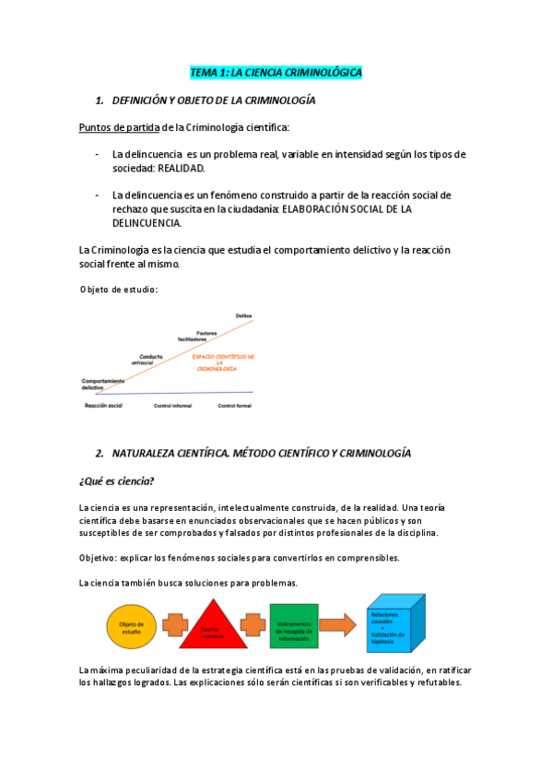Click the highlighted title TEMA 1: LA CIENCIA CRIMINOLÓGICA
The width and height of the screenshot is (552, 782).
coord(276,72)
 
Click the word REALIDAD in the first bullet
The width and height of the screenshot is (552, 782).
coord(182,169)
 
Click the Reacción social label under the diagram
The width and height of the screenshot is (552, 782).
coord(102,406)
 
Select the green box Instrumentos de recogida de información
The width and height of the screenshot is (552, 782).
coord(294,625)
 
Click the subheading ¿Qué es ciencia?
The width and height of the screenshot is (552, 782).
coord(117,481)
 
